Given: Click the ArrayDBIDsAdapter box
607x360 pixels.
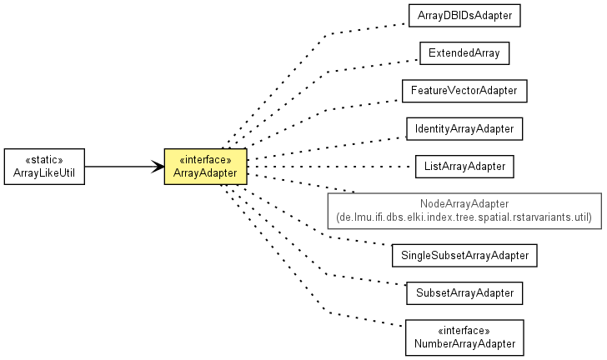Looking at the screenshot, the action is point(464,16).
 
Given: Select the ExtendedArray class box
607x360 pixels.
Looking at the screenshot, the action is point(464,53).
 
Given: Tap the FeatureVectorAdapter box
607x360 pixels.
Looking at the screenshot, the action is point(464,91).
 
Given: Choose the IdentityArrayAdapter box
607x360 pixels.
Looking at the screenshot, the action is point(464,129).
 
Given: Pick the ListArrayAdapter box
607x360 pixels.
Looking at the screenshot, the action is point(464,167).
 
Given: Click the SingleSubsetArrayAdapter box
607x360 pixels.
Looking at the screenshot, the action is point(464,256).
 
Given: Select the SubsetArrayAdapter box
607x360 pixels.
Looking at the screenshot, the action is point(464,293).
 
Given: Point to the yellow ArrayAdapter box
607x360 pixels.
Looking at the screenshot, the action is point(206,167).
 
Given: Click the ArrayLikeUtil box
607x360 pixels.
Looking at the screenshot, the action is point(44,167).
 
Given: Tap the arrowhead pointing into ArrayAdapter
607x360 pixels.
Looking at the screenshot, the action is point(158,167).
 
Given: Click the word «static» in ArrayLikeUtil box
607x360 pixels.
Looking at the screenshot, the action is point(44,160).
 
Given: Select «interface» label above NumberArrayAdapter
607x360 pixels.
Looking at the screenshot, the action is point(464,331).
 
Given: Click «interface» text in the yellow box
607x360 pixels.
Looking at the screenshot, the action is point(206,160).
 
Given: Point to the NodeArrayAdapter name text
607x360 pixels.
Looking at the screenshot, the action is point(464,203).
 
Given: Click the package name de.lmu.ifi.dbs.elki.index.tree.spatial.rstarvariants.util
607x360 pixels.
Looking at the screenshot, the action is point(464,217).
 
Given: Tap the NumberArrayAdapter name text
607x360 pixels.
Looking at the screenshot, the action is point(464,343).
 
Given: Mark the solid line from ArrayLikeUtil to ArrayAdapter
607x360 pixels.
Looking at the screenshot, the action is point(125,167).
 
